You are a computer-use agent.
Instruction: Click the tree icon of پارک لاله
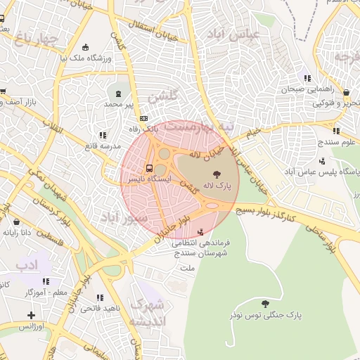[215, 173]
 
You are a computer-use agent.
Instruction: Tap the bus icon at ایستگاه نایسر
[149, 168]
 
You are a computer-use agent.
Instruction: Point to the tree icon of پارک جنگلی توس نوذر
[264, 304]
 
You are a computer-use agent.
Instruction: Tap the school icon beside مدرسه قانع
[103, 134]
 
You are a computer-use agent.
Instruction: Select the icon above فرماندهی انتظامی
[202, 231]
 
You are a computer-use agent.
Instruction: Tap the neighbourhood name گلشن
[163, 96]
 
